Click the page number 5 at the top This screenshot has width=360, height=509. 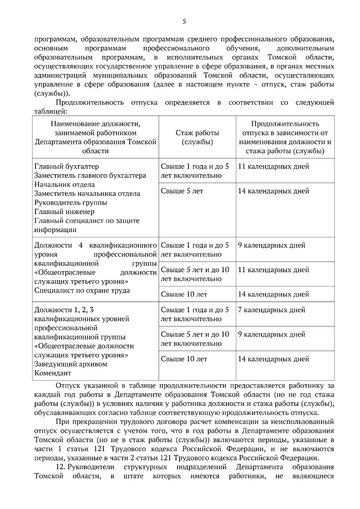[184, 21]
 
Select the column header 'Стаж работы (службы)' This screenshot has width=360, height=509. [197, 137]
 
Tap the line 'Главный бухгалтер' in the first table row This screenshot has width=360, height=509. [67, 166]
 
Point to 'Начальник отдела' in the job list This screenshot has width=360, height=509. [64, 185]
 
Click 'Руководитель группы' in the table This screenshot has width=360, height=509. [71, 203]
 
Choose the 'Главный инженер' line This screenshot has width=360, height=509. [64, 212]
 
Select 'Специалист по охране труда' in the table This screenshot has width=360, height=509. [82, 290]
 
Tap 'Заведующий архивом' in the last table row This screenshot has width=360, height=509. [71, 364]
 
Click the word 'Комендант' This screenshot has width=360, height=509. [53, 373]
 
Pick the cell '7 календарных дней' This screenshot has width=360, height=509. [271, 310]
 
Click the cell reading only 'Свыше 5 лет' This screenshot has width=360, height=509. [182, 191]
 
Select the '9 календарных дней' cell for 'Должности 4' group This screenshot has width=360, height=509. [271, 245]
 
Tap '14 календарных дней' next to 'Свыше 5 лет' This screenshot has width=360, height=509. [273, 191]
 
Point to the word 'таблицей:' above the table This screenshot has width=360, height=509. [50, 112]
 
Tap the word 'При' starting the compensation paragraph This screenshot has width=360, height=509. [61, 422]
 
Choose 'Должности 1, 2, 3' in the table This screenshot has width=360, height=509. [64, 310]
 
